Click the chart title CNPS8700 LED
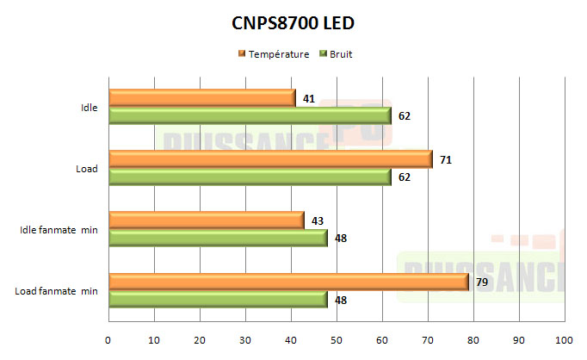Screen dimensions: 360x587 [293, 23]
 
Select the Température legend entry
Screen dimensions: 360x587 [274, 54]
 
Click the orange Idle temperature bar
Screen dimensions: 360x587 [202, 98]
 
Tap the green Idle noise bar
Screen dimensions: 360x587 [250, 115]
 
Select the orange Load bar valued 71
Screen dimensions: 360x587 [270, 159]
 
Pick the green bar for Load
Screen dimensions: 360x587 [250, 177]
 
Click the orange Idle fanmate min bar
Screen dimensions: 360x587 [207, 220]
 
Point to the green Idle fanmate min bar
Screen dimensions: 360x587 [218, 238]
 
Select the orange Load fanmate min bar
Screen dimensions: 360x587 [288, 282]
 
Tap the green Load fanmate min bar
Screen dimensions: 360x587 [218, 299]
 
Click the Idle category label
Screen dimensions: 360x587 [87, 108]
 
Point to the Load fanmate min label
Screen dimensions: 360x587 [56, 291]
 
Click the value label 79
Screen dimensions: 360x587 [482, 282]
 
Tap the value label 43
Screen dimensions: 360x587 [318, 220]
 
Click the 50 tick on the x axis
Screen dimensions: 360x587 [337, 339]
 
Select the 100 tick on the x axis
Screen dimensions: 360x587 [564, 339]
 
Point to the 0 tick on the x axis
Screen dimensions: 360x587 [108, 339]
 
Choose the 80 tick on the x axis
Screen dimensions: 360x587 [473, 339]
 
